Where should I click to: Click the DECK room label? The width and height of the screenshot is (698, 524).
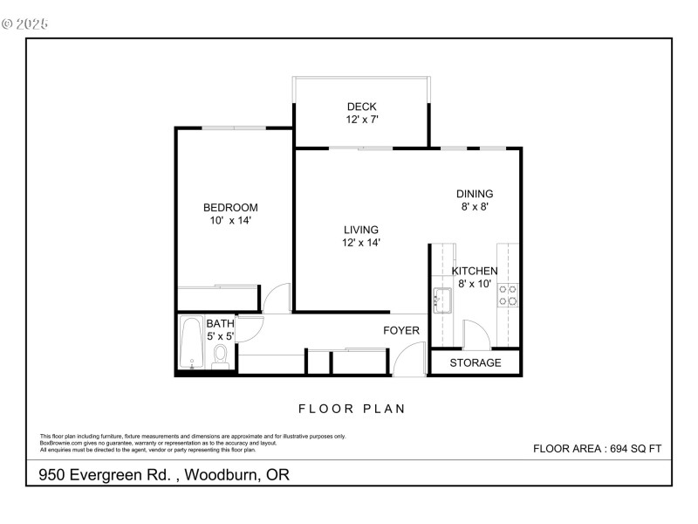coord(361,107)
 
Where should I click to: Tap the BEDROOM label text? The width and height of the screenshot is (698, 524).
coord(230,207)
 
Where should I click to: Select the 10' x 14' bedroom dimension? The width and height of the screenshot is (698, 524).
coord(230,221)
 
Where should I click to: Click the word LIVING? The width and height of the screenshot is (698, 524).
coord(360,230)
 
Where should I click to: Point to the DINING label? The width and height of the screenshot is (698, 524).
coord(475,194)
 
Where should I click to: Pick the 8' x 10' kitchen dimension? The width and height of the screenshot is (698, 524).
coord(475,284)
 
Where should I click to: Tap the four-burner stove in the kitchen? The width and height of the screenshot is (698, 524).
coord(507,295)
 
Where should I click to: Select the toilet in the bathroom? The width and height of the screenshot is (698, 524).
coord(221,355)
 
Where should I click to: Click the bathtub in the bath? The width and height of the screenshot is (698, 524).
coord(191,344)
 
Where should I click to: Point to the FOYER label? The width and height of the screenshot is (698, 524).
coord(401,331)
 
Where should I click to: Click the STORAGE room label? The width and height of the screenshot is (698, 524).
coord(476,362)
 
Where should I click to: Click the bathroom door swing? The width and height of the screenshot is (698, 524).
coord(249,329)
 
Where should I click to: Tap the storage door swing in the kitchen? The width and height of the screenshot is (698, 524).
coord(477,335)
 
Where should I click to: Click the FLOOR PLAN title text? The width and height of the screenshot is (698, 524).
coord(352,408)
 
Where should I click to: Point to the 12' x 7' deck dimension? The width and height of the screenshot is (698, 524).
coord(361,121)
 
